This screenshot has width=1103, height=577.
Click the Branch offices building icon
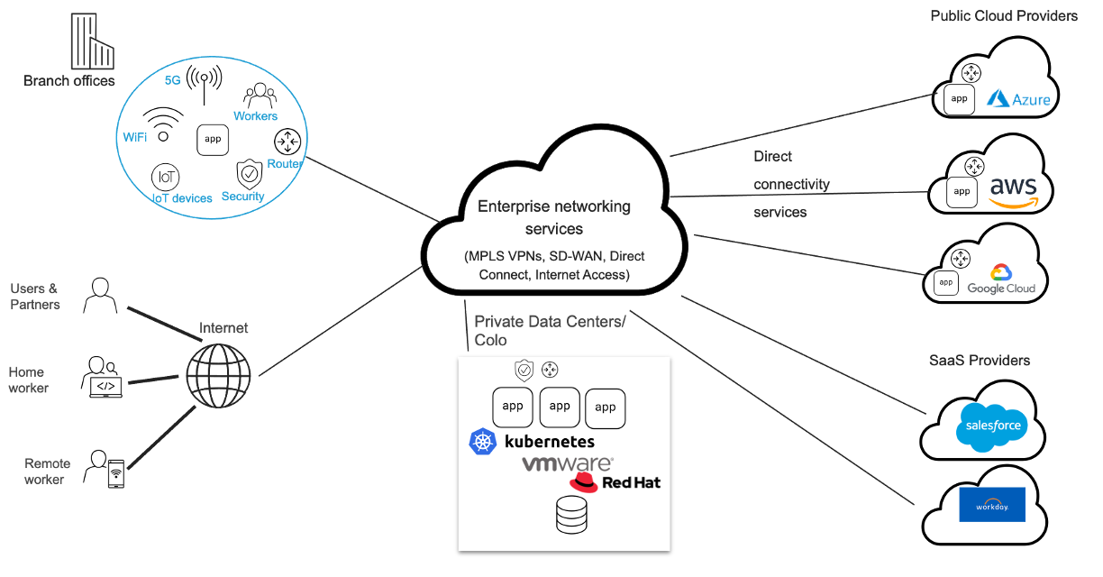93,41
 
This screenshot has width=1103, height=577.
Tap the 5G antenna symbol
204,84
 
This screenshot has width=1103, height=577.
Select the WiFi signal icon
163,124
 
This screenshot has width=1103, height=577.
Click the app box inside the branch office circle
213,140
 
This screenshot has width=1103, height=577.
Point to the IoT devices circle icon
166,177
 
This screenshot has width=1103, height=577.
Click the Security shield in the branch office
250,174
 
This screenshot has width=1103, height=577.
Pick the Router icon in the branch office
287,142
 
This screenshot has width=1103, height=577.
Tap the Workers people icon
260,95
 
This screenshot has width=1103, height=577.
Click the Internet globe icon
219,375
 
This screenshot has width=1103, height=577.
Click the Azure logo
1018,98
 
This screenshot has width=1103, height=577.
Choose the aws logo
1014,192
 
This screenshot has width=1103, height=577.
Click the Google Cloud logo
1001,279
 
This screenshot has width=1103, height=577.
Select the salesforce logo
992,426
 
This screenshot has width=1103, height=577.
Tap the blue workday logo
992,505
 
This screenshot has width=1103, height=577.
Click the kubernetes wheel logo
483,442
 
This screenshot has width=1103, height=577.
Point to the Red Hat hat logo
584,482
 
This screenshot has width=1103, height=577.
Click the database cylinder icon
571,515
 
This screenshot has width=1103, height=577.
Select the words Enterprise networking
554,206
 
